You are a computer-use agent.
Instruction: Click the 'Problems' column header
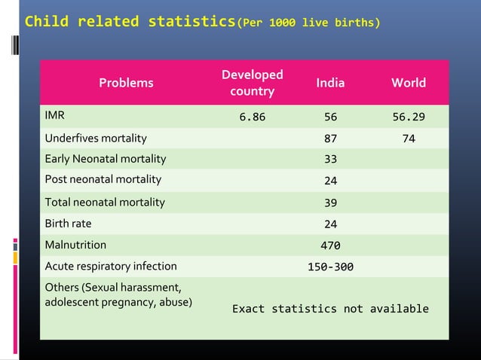coord(126,83)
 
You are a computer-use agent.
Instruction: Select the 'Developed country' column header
coord(252,83)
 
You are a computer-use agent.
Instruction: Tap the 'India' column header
coord(330,83)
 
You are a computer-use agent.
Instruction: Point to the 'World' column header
coord(409,83)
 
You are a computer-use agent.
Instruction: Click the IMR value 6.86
coord(252,117)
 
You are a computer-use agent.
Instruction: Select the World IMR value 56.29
coord(409,117)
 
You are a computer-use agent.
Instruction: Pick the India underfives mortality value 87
coord(330,139)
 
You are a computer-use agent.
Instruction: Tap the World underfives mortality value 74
coord(409,139)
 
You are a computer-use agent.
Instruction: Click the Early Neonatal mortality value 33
coord(330,159)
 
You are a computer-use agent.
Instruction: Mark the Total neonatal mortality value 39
coord(330,203)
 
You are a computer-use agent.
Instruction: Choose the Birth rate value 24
coord(330,224)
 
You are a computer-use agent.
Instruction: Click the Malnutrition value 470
coord(330,246)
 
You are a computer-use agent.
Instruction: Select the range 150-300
coord(330,267)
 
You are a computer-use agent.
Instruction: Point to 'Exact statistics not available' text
coord(330,309)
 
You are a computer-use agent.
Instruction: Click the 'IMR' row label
coord(54,116)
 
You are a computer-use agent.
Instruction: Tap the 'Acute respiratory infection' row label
coord(111,266)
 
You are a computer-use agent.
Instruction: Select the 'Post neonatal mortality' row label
coord(103,179)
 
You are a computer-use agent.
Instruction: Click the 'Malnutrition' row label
coord(75,245)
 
